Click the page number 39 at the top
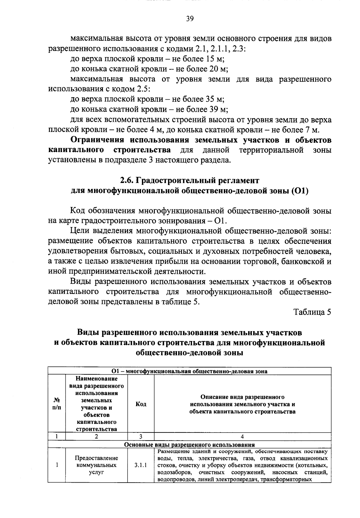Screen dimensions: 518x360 [190, 19]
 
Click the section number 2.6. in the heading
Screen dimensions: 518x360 [127, 181]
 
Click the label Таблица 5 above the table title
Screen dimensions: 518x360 [312, 312]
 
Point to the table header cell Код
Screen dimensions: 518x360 [141, 404]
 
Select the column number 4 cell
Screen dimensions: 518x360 [242, 437]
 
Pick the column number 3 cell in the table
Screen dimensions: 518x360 [141, 437]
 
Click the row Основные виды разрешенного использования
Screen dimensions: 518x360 [189, 445]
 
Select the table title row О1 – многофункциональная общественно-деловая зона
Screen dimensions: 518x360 [189, 371]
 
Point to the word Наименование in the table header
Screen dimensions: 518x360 [96, 379]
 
